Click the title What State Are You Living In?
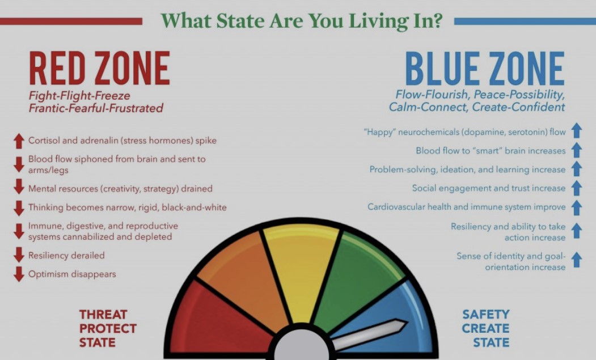point(301,21)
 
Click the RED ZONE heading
point(99,69)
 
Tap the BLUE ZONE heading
point(485,69)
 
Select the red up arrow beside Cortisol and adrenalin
point(19,140)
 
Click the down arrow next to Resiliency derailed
point(19,255)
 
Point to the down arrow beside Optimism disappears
point(19,274)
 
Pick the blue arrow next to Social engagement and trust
point(577,188)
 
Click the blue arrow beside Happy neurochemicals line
point(577,132)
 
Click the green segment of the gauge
point(357,278)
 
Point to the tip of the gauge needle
point(405,325)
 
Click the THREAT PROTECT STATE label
point(108,328)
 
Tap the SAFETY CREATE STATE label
point(485,328)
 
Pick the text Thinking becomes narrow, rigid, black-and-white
point(127,207)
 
